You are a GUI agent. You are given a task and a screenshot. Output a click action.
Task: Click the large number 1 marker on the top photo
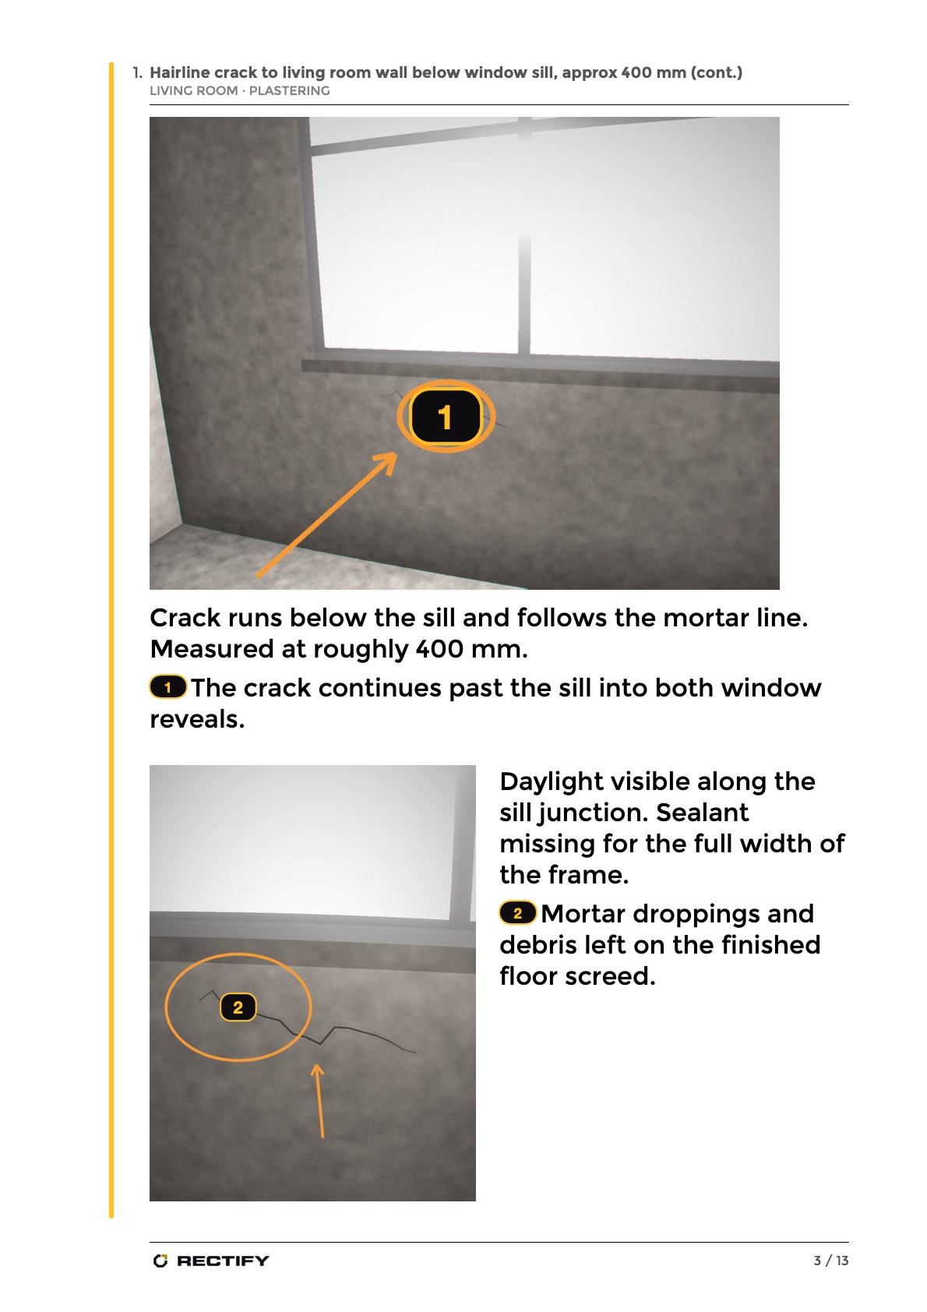click(x=446, y=417)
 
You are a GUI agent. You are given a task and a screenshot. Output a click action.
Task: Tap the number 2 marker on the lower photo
click(x=238, y=1007)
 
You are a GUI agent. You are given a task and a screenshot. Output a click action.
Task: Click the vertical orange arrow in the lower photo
click(x=319, y=1101)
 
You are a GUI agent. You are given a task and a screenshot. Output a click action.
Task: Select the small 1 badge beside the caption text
click(x=168, y=687)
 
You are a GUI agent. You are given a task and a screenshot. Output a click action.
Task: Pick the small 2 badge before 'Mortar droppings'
click(x=518, y=912)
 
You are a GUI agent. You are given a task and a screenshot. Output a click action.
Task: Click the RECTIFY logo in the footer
click(x=211, y=1261)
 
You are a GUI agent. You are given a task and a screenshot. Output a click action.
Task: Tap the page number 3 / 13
click(x=831, y=1261)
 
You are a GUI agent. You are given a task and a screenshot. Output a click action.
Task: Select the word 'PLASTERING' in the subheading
click(x=289, y=91)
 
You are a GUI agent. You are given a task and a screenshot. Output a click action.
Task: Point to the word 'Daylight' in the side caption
click(x=551, y=782)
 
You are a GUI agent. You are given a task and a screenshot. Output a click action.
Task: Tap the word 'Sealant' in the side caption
click(x=702, y=813)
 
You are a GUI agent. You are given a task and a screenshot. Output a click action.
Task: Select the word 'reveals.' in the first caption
click(x=197, y=719)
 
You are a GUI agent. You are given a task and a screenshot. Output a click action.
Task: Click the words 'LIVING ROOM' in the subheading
click(x=194, y=91)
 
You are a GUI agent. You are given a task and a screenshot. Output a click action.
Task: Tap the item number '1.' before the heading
click(x=138, y=72)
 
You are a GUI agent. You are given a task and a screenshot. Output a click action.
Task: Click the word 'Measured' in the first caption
click(x=211, y=649)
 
